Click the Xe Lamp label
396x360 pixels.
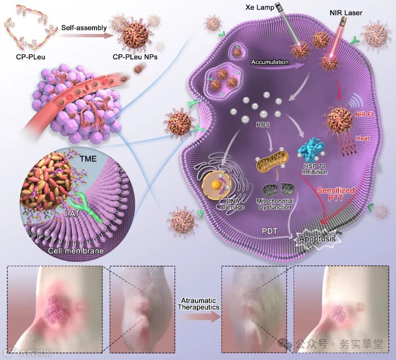(x=259, y=7)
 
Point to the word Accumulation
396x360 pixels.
(x=270, y=62)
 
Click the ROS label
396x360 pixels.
(x=263, y=125)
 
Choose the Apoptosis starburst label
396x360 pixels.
(x=317, y=239)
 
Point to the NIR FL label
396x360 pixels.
(x=364, y=114)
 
